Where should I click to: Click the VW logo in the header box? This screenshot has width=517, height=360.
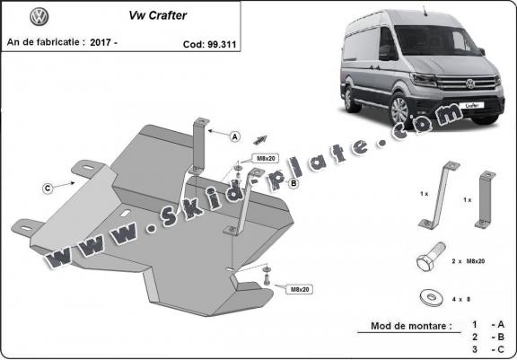(39, 16)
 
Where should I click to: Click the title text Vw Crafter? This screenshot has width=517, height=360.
(158, 15)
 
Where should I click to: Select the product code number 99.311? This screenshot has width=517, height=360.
(223, 45)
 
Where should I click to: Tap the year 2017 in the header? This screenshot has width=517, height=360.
(101, 42)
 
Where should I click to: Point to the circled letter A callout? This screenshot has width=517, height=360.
(235, 136)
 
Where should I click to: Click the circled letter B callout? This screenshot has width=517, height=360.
(294, 183)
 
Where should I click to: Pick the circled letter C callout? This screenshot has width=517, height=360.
(48, 189)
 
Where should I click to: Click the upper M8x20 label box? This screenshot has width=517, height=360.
(266, 159)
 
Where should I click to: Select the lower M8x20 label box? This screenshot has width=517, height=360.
(300, 289)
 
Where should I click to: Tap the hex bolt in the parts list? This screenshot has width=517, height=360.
(430, 257)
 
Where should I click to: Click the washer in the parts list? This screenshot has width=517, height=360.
(431, 299)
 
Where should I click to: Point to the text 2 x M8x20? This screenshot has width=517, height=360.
(469, 261)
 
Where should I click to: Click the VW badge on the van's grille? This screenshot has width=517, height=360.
(470, 83)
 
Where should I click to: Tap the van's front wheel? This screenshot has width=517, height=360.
(400, 110)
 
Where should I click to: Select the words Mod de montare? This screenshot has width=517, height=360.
(411, 326)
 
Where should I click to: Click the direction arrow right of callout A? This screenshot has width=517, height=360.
(260, 140)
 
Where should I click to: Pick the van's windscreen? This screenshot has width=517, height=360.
(436, 40)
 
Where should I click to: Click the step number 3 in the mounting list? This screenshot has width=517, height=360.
(475, 349)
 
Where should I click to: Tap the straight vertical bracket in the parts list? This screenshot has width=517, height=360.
(486, 199)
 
